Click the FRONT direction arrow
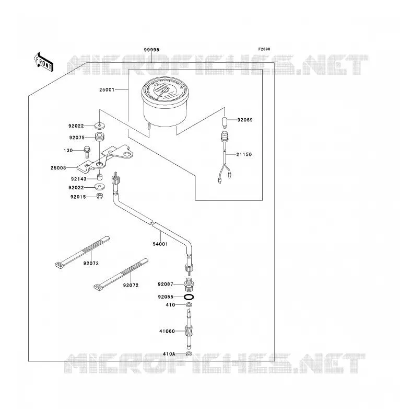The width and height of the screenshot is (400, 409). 43,62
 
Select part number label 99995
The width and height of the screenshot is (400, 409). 151,50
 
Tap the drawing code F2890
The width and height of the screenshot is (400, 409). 264,49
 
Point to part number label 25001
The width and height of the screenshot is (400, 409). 107,90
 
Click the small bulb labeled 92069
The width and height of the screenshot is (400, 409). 225,122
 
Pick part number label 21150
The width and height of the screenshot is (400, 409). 244,154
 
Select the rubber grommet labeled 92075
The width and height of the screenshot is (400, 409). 99,137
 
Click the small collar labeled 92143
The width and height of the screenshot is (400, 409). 99,177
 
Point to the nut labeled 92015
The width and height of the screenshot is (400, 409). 100,196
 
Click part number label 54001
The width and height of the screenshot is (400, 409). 160,244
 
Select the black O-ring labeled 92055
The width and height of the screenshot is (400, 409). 189,297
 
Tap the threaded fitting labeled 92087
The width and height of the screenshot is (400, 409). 189,286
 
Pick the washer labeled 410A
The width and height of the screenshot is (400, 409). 189,354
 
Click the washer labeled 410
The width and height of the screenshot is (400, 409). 189,305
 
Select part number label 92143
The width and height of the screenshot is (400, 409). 79,179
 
